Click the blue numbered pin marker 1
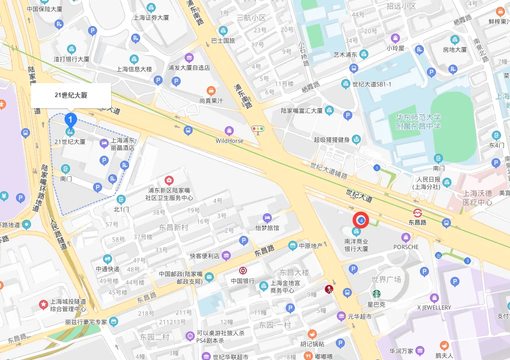tap(71, 120)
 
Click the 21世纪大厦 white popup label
tap(71, 95)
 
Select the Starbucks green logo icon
tap(376, 294)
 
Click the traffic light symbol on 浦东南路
tap(258, 129)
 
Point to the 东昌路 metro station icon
tap(417, 212)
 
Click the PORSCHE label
tap(405, 247)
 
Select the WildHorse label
tap(229, 141)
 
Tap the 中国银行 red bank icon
tap(243, 270)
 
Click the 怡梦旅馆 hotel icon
tap(267, 218)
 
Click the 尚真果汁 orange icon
tap(211, 91)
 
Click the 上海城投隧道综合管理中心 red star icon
tap(44, 304)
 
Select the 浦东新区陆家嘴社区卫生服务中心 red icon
tap(169, 180)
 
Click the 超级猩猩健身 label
tap(332, 140)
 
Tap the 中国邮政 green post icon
tap(209, 277)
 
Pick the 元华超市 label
tap(360, 316)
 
